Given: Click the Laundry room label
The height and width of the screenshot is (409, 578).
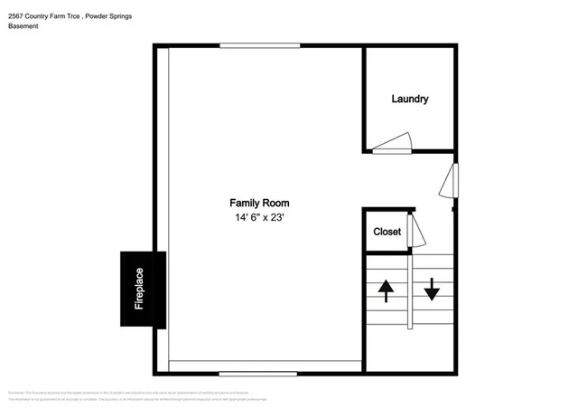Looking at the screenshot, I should (409, 99).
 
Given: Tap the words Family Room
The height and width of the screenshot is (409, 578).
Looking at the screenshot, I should (259, 203).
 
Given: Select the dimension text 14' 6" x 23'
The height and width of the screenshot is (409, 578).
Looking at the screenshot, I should (259, 218).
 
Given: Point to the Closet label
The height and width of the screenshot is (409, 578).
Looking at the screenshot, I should (387, 232).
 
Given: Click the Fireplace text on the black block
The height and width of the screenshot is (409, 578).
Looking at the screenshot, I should (140, 289).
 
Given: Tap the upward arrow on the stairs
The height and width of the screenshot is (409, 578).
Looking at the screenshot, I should (387, 290).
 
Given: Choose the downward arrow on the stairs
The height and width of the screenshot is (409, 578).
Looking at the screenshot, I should (431, 289).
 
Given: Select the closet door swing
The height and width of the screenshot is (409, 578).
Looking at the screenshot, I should (416, 231).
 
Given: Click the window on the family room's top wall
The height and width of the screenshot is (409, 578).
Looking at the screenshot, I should (259, 46).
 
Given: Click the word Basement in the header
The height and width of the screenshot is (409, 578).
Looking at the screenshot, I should (23, 26).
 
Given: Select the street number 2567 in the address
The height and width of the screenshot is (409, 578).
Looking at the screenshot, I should (17, 14).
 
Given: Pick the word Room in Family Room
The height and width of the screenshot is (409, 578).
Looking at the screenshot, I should (275, 203).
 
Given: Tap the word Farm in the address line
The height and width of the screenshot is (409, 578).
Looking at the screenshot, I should (59, 14).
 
